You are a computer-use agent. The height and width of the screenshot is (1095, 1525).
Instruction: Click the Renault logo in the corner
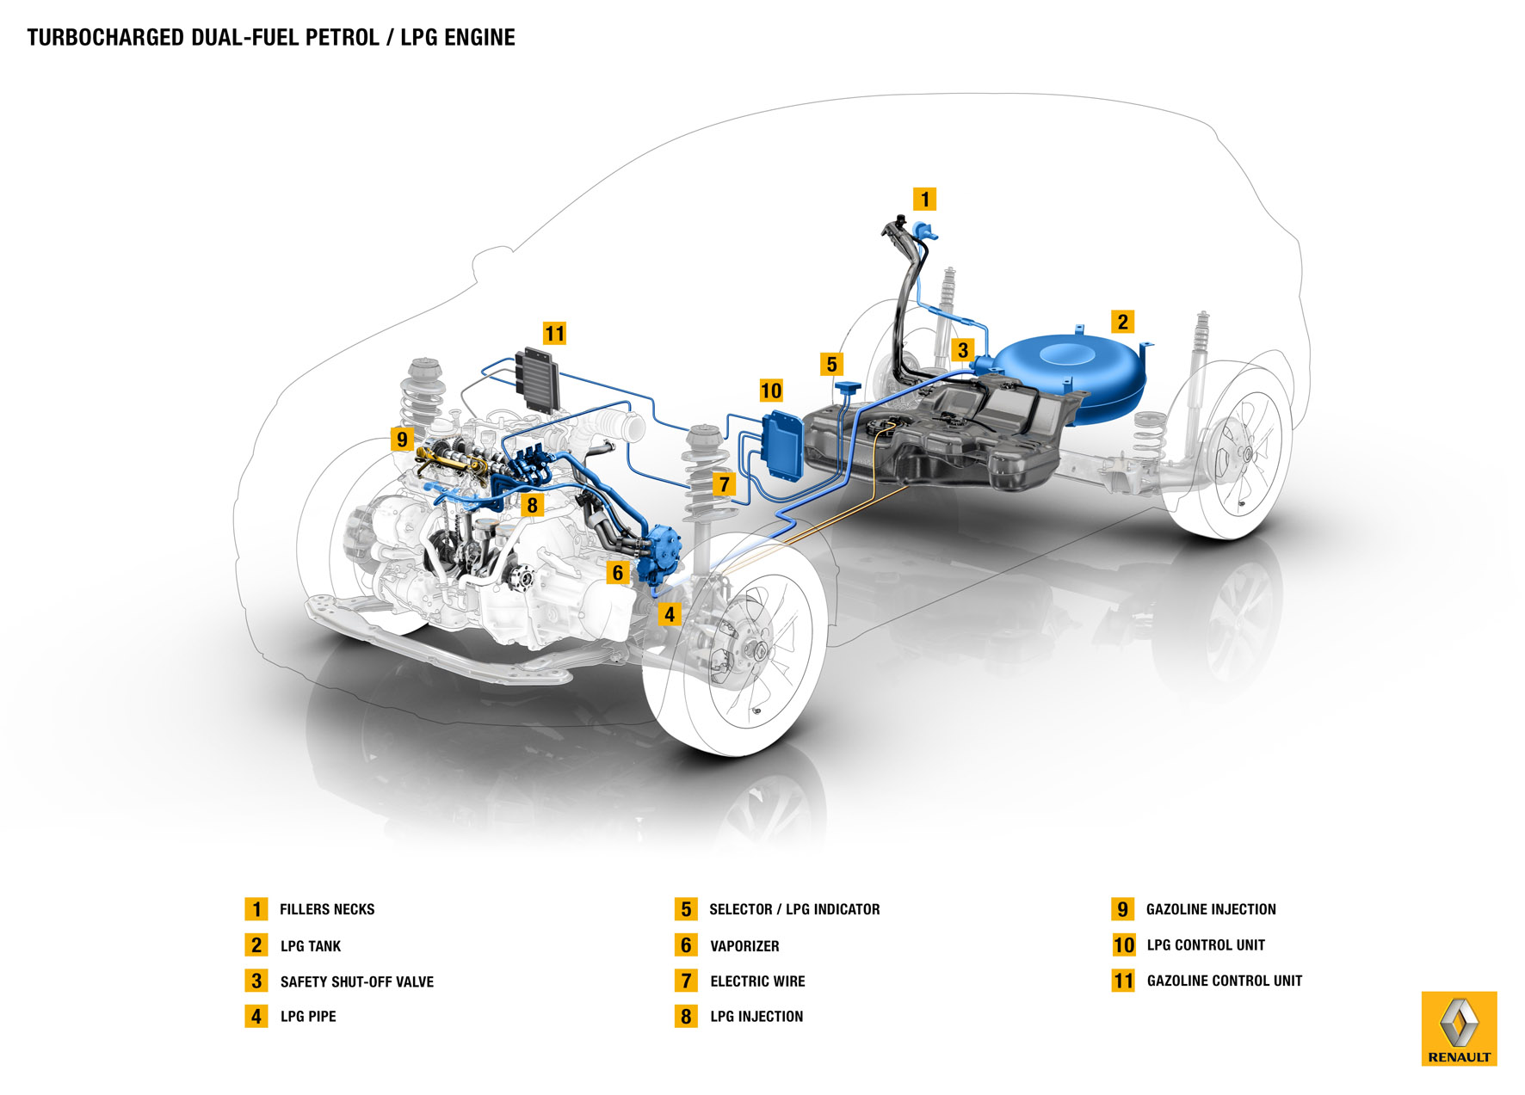pyautogui.click(x=1459, y=1029)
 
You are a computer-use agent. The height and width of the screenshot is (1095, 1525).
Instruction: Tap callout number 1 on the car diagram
pyautogui.click(x=924, y=200)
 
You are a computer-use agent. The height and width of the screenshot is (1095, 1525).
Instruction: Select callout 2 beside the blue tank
pyautogui.click(x=1122, y=322)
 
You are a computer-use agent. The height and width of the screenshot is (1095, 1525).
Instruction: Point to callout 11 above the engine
pyautogui.click(x=554, y=334)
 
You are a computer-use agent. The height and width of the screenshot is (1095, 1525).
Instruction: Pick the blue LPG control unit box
pyautogui.click(x=781, y=447)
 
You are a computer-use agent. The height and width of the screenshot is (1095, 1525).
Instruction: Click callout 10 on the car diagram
pyautogui.click(x=771, y=391)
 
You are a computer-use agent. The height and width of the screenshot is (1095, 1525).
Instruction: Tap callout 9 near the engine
pyautogui.click(x=402, y=440)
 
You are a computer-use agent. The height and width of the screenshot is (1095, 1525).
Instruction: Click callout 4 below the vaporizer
pyautogui.click(x=669, y=614)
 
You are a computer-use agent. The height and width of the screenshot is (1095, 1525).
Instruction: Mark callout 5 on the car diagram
pyautogui.click(x=831, y=364)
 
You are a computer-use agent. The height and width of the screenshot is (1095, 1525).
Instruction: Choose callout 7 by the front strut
pyautogui.click(x=724, y=484)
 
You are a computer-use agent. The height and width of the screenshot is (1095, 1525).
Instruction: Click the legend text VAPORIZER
pyautogui.click(x=744, y=946)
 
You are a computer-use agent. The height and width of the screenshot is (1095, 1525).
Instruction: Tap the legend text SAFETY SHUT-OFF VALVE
pyautogui.click(x=356, y=981)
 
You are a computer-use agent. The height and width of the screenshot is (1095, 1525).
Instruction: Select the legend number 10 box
pyautogui.click(x=1123, y=945)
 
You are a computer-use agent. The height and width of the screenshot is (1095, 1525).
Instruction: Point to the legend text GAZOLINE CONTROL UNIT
pyautogui.click(x=1224, y=981)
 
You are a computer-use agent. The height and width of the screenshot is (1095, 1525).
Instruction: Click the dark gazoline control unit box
pyautogui.click(x=538, y=378)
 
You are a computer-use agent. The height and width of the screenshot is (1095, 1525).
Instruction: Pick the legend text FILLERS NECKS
pyautogui.click(x=327, y=909)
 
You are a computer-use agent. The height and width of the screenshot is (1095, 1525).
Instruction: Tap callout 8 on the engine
pyautogui.click(x=532, y=505)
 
